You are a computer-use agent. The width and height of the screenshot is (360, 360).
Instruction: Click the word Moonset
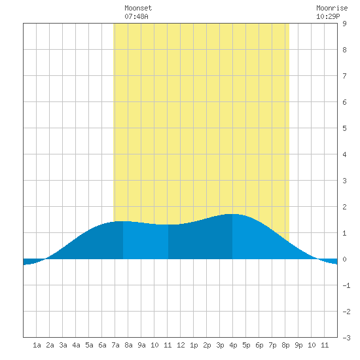click(x=138, y=8)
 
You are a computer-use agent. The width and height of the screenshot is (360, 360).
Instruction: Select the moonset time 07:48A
click(x=136, y=16)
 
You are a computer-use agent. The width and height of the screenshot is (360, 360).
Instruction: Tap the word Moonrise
click(x=332, y=8)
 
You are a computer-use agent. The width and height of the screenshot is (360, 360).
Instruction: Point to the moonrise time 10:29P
click(x=328, y=16)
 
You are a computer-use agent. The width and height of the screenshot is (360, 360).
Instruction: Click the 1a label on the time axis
click(x=37, y=345)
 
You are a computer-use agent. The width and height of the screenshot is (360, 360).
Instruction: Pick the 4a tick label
click(x=76, y=345)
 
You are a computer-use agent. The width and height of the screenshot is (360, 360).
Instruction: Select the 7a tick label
click(x=115, y=345)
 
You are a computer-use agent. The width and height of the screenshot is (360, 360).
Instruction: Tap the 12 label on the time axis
click(x=181, y=345)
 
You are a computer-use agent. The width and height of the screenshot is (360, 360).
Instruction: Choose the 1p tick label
click(x=194, y=345)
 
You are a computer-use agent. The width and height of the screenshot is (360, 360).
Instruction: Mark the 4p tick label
click(x=233, y=345)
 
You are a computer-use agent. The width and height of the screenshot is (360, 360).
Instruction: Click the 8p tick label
click(x=285, y=345)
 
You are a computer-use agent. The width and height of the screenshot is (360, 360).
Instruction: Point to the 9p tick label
click(x=298, y=345)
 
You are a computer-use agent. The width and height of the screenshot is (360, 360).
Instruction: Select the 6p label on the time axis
click(x=259, y=345)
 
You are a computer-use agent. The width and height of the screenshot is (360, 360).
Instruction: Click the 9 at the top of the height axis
click(x=344, y=24)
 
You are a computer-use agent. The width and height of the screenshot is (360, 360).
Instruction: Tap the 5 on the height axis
click(x=344, y=128)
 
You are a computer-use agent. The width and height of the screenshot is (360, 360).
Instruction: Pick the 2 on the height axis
click(x=344, y=207)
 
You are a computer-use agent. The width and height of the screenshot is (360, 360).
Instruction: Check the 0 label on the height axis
click(x=344, y=259)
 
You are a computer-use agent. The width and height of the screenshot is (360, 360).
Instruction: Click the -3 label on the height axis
click(x=346, y=338)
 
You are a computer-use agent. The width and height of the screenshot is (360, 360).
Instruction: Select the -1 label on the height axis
click(x=346, y=285)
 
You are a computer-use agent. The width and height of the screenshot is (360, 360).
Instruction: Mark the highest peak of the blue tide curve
click(x=232, y=214)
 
